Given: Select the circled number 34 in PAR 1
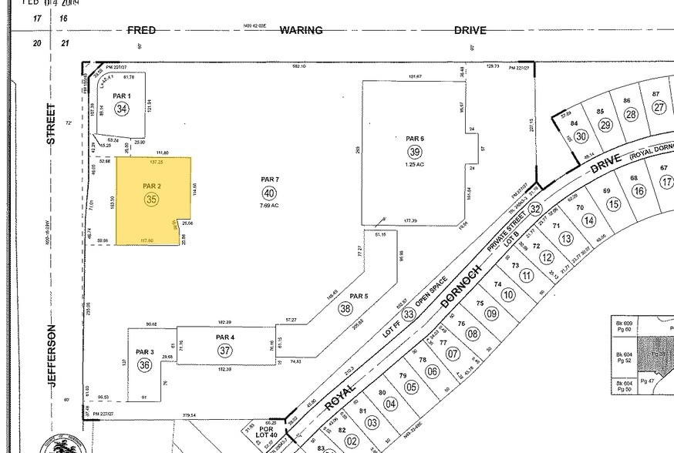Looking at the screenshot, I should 121,109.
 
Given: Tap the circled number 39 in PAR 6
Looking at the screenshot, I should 415,152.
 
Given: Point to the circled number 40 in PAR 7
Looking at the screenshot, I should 268,193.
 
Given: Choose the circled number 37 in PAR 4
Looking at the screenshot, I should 224,351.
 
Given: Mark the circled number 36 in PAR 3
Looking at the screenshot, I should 144,365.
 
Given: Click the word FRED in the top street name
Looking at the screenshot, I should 141,30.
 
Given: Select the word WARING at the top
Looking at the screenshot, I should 301,30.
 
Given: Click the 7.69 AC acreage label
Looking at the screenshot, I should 268,206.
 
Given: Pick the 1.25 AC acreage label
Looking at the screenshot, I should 415,164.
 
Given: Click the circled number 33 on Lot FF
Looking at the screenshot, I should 409,314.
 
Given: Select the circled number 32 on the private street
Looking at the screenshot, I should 535,208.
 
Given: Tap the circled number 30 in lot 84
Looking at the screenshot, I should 581,136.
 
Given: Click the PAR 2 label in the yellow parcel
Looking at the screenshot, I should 151,186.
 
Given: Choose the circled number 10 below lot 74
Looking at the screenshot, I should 507,294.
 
